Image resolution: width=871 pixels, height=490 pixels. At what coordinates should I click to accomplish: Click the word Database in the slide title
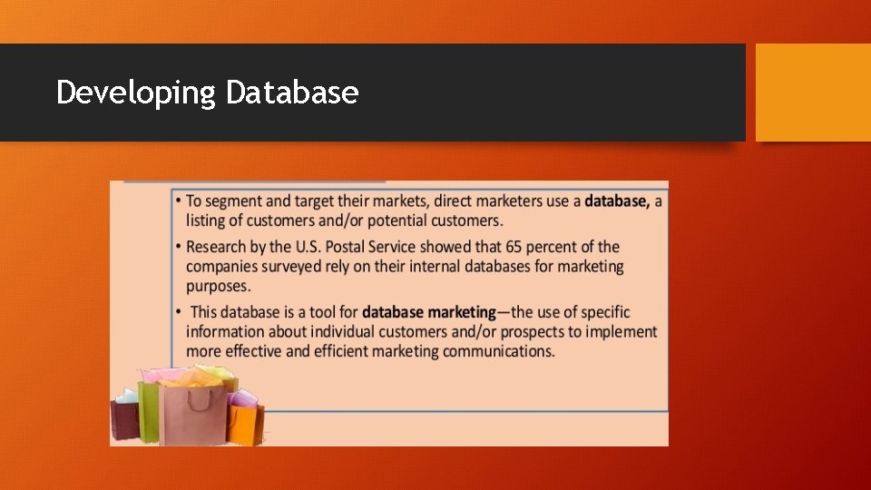pos(292,92)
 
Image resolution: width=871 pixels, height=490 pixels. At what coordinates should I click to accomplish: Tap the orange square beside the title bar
pos(812,92)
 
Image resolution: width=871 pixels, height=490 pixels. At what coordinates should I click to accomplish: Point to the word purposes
pos(218,287)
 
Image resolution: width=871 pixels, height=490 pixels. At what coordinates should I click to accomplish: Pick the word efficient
pos(347,351)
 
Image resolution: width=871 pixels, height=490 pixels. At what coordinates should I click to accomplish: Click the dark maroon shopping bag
pos(124,419)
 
